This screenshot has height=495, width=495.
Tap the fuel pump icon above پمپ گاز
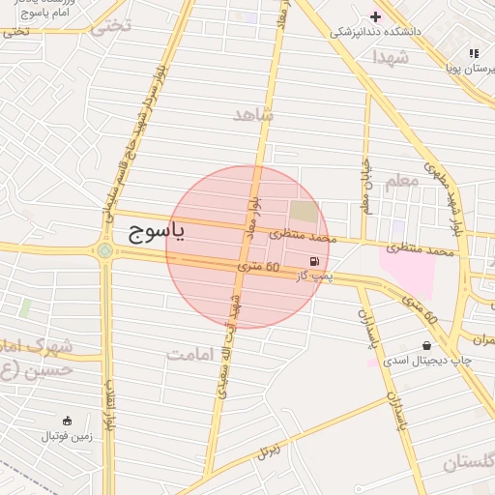[x=314, y=262]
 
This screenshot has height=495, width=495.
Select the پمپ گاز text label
[x=314, y=277]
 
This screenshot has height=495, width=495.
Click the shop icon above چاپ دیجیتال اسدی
[x=427, y=345]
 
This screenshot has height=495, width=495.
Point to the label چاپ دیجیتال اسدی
[x=426, y=360]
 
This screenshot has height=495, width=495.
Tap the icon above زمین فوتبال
[x=67, y=421]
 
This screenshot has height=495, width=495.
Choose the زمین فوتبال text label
[x=67, y=436]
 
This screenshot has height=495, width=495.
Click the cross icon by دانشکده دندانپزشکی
[x=376, y=16]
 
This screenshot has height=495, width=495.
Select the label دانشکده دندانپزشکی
[x=376, y=32]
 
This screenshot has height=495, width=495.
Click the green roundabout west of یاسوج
[x=104, y=251]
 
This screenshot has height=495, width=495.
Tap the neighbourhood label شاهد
[x=254, y=115]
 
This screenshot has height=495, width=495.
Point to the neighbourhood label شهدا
[x=391, y=57]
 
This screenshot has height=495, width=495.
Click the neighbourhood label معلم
[x=401, y=181]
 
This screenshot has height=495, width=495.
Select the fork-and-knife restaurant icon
[x=474, y=54]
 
